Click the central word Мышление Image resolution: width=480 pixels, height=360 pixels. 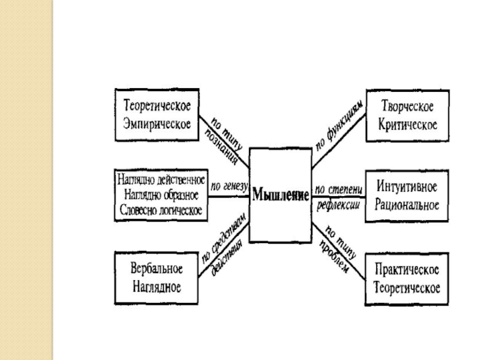tap(280, 195)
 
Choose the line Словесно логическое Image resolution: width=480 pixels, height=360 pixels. tap(161, 210)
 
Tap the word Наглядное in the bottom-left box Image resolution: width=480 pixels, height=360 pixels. tap(157, 286)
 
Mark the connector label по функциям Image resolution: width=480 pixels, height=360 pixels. tap(340, 131)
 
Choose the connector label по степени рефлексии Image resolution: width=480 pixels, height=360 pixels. tap(337, 197)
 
